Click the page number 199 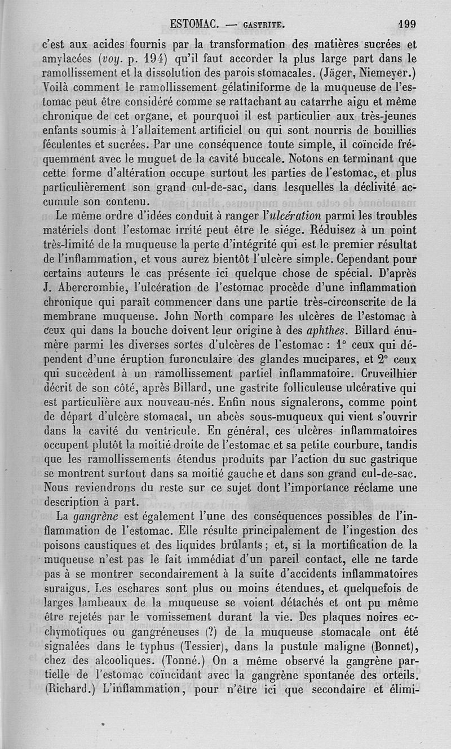[x=406, y=24]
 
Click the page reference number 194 [x=155, y=58]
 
